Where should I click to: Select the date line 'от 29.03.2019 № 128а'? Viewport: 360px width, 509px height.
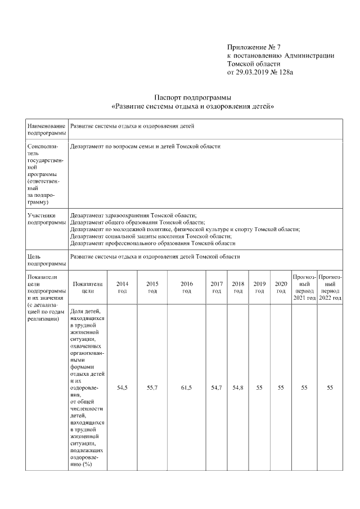point(260,73)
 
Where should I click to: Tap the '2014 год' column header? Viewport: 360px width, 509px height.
point(122,287)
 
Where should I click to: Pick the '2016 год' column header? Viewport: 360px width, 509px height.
point(187,287)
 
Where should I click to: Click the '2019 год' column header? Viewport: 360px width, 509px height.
point(259,287)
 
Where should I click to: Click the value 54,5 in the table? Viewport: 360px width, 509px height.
point(122,388)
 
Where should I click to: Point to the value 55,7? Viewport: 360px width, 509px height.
point(152,388)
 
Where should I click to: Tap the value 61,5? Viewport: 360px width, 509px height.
point(187,388)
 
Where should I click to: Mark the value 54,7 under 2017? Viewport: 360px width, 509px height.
point(217,388)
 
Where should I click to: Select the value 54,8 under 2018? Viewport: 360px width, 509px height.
point(238,388)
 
